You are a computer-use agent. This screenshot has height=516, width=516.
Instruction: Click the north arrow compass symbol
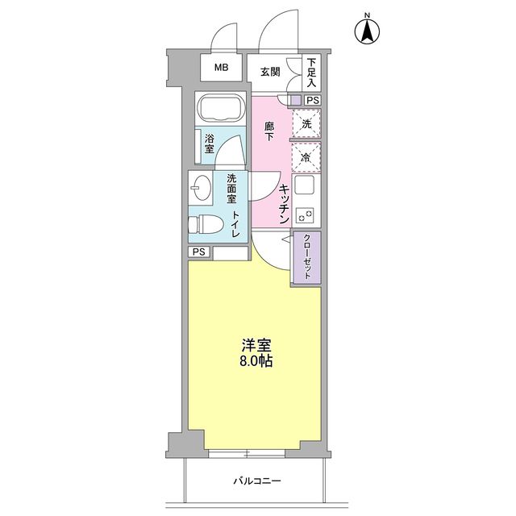tap(368, 30)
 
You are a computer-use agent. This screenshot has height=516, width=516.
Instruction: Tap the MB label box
tap(221, 69)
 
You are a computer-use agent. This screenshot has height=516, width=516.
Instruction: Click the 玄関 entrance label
tap(270, 70)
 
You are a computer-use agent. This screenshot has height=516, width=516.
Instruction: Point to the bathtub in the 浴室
tap(222, 110)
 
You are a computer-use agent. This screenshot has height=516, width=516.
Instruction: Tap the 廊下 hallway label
tap(270, 132)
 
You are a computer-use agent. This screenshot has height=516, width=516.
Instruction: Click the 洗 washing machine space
tap(306, 123)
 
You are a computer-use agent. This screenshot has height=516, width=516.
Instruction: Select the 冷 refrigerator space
tap(306, 156)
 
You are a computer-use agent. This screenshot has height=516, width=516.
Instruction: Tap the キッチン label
tap(285, 204)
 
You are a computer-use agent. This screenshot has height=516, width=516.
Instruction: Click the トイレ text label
tap(235, 223)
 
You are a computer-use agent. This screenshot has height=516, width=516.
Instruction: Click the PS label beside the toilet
tap(199, 252)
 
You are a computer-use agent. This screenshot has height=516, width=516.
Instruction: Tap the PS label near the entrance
tap(312, 100)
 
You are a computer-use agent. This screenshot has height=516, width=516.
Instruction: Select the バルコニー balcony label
tap(257, 481)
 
